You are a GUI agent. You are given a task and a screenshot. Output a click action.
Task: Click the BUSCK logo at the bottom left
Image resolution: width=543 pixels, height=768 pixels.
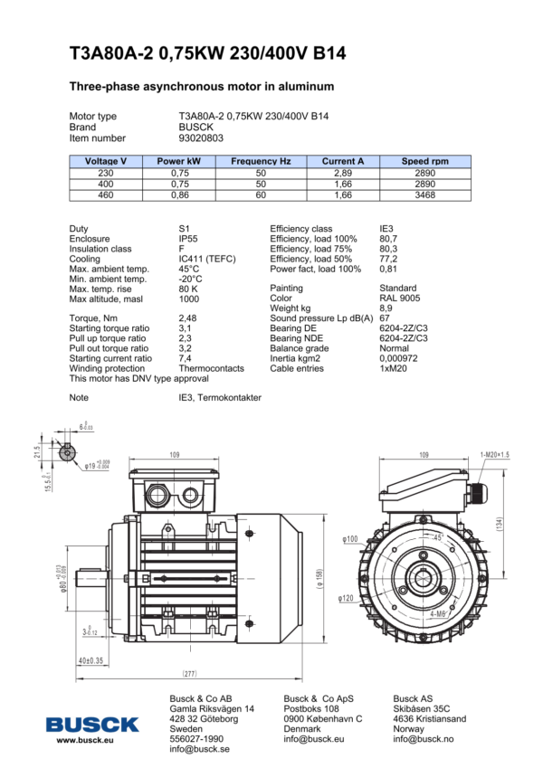(x=93, y=724)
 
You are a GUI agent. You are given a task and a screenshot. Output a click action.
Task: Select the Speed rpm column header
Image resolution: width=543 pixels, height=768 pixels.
(x=424, y=161)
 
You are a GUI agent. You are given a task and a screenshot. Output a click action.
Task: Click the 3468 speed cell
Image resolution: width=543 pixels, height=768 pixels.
(x=424, y=194)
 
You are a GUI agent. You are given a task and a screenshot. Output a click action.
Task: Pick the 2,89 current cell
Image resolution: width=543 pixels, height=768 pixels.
(x=343, y=172)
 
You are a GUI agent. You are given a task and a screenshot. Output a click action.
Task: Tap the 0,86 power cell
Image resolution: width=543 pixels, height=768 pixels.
(x=179, y=194)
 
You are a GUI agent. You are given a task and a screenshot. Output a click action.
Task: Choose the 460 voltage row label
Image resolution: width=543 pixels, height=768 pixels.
(x=106, y=194)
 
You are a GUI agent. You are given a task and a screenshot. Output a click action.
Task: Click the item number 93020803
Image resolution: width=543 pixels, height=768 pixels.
(x=201, y=138)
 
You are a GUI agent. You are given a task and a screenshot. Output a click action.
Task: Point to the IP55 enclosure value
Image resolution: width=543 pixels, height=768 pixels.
(x=189, y=239)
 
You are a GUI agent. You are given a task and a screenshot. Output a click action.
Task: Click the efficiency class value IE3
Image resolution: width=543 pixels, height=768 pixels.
(x=386, y=229)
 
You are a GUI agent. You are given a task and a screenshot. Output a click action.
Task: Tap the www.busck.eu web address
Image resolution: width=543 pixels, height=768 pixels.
(x=84, y=740)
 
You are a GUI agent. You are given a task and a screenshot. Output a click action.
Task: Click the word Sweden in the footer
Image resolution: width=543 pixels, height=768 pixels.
(x=186, y=728)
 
